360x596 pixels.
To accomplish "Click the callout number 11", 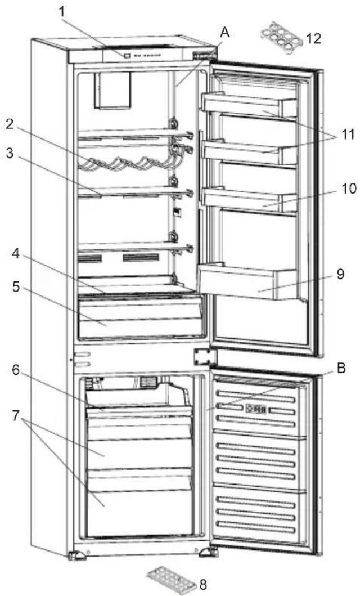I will pyautogui.click(x=349, y=136).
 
